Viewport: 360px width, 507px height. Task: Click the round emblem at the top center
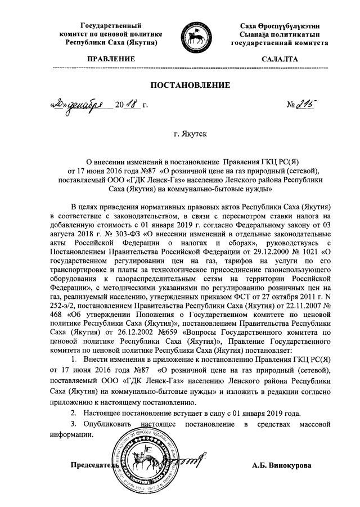click(190, 36)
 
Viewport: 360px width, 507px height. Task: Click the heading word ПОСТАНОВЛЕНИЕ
click(190, 86)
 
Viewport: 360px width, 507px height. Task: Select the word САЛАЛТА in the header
click(279, 59)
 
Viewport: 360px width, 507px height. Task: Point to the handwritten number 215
click(303, 104)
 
